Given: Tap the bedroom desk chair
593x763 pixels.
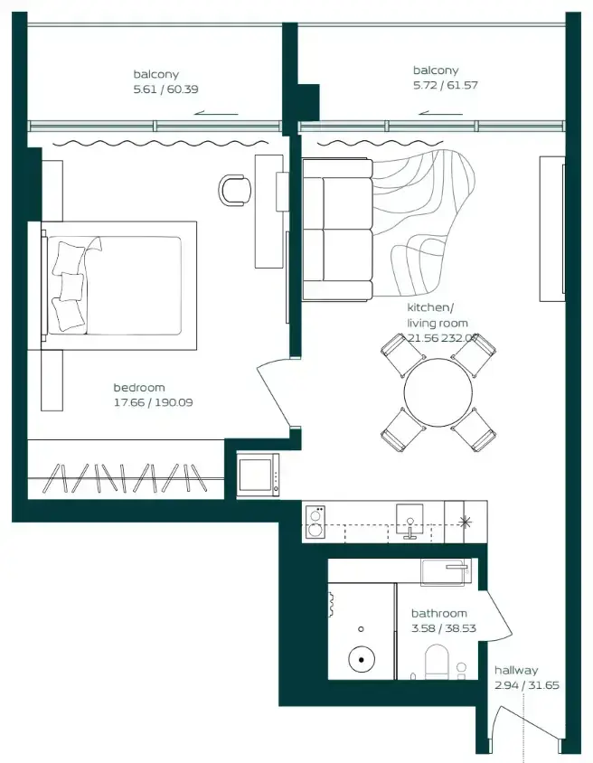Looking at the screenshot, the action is click(236, 190).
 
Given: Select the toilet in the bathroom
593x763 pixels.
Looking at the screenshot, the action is click(437, 662).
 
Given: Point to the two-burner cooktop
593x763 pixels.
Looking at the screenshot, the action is click(315, 522).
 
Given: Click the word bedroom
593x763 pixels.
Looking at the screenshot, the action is click(139, 387).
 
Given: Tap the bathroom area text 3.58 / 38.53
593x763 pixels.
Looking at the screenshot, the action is click(444, 628).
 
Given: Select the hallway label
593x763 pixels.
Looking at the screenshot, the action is click(516, 670).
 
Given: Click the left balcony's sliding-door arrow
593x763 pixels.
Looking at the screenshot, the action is click(216, 114).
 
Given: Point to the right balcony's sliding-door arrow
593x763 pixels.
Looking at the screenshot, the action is click(440, 114).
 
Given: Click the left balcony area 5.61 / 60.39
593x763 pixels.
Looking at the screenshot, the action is click(166, 89).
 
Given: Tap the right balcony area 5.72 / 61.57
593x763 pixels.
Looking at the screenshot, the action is click(446, 85).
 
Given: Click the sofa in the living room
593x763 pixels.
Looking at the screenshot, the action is click(337, 230).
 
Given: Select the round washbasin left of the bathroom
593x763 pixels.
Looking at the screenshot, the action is click(362, 660).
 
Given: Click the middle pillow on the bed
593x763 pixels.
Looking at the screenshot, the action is click(71, 285).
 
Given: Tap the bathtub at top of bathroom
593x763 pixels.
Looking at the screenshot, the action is click(446, 571).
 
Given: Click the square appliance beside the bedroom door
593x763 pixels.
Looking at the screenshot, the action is click(259, 475).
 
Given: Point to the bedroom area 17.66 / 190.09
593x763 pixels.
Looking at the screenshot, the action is click(154, 402).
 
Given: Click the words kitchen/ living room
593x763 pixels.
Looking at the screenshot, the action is click(438, 316).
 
